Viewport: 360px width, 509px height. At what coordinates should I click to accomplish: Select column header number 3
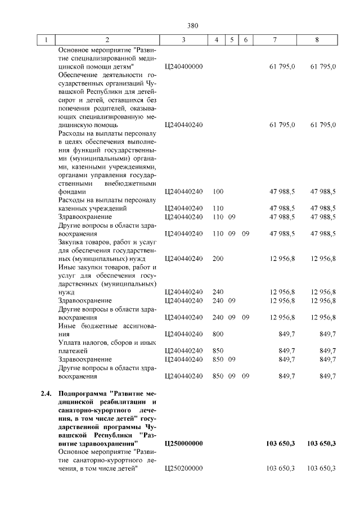pyautogui.click(x=183, y=40)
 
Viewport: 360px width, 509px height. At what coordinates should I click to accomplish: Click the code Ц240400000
pyautogui.click(x=183, y=66)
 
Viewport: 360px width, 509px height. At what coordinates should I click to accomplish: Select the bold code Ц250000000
pyautogui.click(x=184, y=444)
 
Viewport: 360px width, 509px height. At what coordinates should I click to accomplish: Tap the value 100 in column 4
pyautogui.click(x=218, y=191)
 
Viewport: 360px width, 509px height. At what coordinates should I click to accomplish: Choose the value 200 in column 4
pyautogui.click(x=218, y=258)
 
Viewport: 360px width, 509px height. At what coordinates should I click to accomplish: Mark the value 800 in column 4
pyautogui.click(x=218, y=334)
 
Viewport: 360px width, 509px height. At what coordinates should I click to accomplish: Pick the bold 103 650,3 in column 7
pyautogui.click(x=280, y=444)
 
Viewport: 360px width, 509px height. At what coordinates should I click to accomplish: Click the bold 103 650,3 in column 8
pyautogui.click(x=321, y=444)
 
